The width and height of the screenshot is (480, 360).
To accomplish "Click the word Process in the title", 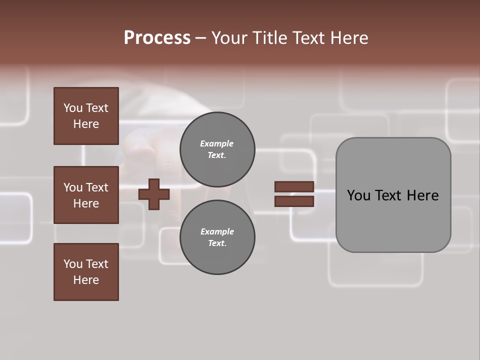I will (157, 38).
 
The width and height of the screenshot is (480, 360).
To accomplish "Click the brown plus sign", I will (154, 194).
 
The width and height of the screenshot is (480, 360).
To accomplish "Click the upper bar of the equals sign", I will (294, 186).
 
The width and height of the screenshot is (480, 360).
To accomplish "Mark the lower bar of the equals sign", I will (294, 201).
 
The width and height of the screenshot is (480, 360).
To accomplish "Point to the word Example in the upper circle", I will (217, 143).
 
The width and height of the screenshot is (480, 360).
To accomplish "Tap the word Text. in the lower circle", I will (217, 243).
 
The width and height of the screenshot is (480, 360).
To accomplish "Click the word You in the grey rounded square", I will (358, 195).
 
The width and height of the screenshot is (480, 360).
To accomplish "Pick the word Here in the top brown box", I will (86, 124).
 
